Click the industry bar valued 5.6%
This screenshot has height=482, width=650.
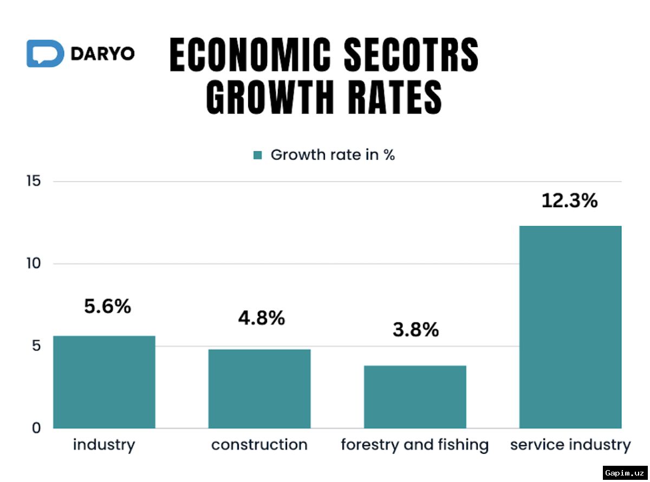[104, 382]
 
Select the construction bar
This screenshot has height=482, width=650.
[259, 388]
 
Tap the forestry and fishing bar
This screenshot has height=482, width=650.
[415, 397]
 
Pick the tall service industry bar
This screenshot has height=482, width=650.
[570, 327]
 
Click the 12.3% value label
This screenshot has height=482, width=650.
[570, 201]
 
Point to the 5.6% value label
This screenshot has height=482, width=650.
[107, 307]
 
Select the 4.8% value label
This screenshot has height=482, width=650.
[261, 318]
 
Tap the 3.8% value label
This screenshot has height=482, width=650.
[415, 329]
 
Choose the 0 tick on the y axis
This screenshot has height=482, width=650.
[36, 428]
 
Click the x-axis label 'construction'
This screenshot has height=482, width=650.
[259, 445]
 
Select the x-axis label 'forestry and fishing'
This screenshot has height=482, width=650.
[415, 445]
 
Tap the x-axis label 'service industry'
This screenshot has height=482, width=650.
[570, 445]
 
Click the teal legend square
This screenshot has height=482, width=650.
[258, 155]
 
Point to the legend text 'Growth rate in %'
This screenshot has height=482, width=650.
[333, 155]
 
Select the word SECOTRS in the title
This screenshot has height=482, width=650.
[411, 56]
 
